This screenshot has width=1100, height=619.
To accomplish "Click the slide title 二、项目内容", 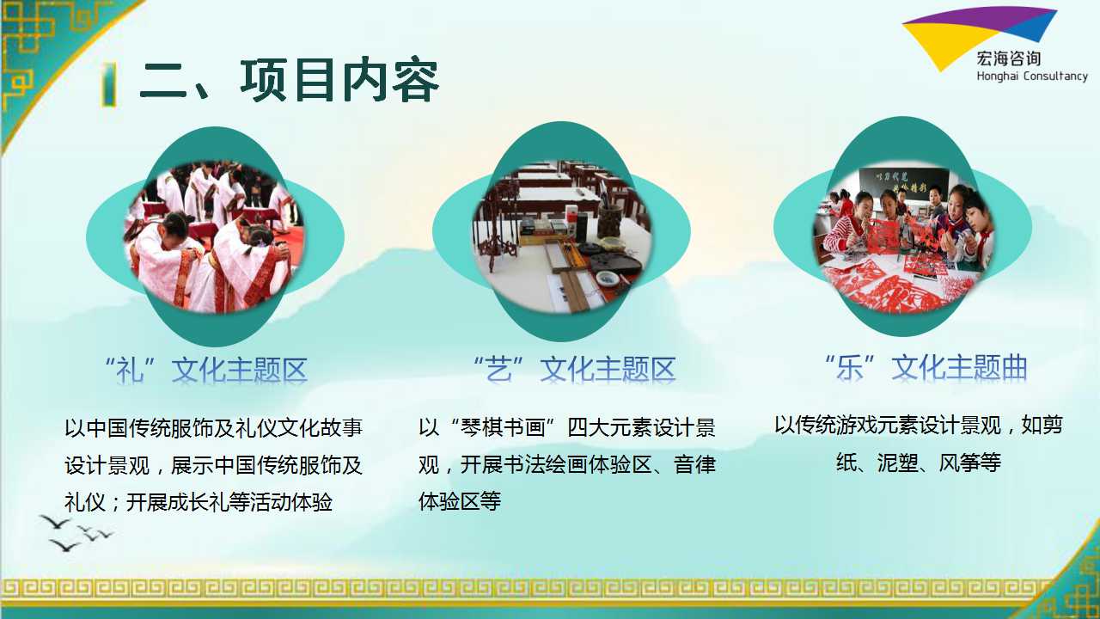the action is [290, 81].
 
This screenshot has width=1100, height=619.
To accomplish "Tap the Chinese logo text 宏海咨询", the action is [1009, 59].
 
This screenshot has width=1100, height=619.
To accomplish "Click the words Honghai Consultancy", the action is [1032, 77].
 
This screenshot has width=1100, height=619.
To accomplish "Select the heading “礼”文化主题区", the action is [206, 370].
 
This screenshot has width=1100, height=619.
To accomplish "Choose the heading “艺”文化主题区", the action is [575, 370].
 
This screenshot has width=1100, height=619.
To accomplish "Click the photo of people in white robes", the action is [215, 237].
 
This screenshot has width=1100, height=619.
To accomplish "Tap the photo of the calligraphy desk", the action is [561, 235].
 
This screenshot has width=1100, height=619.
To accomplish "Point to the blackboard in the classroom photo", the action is [903, 183].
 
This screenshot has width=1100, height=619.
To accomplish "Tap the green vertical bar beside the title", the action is [109, 83].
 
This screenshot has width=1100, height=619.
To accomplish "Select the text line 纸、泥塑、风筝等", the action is [919, 463].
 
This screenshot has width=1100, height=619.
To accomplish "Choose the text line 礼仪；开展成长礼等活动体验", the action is [199, 502].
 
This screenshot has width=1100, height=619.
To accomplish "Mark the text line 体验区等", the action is [460, 501].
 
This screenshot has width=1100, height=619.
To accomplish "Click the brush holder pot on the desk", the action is [609, 221].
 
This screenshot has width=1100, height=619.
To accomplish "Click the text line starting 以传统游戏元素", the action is [919, 426].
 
